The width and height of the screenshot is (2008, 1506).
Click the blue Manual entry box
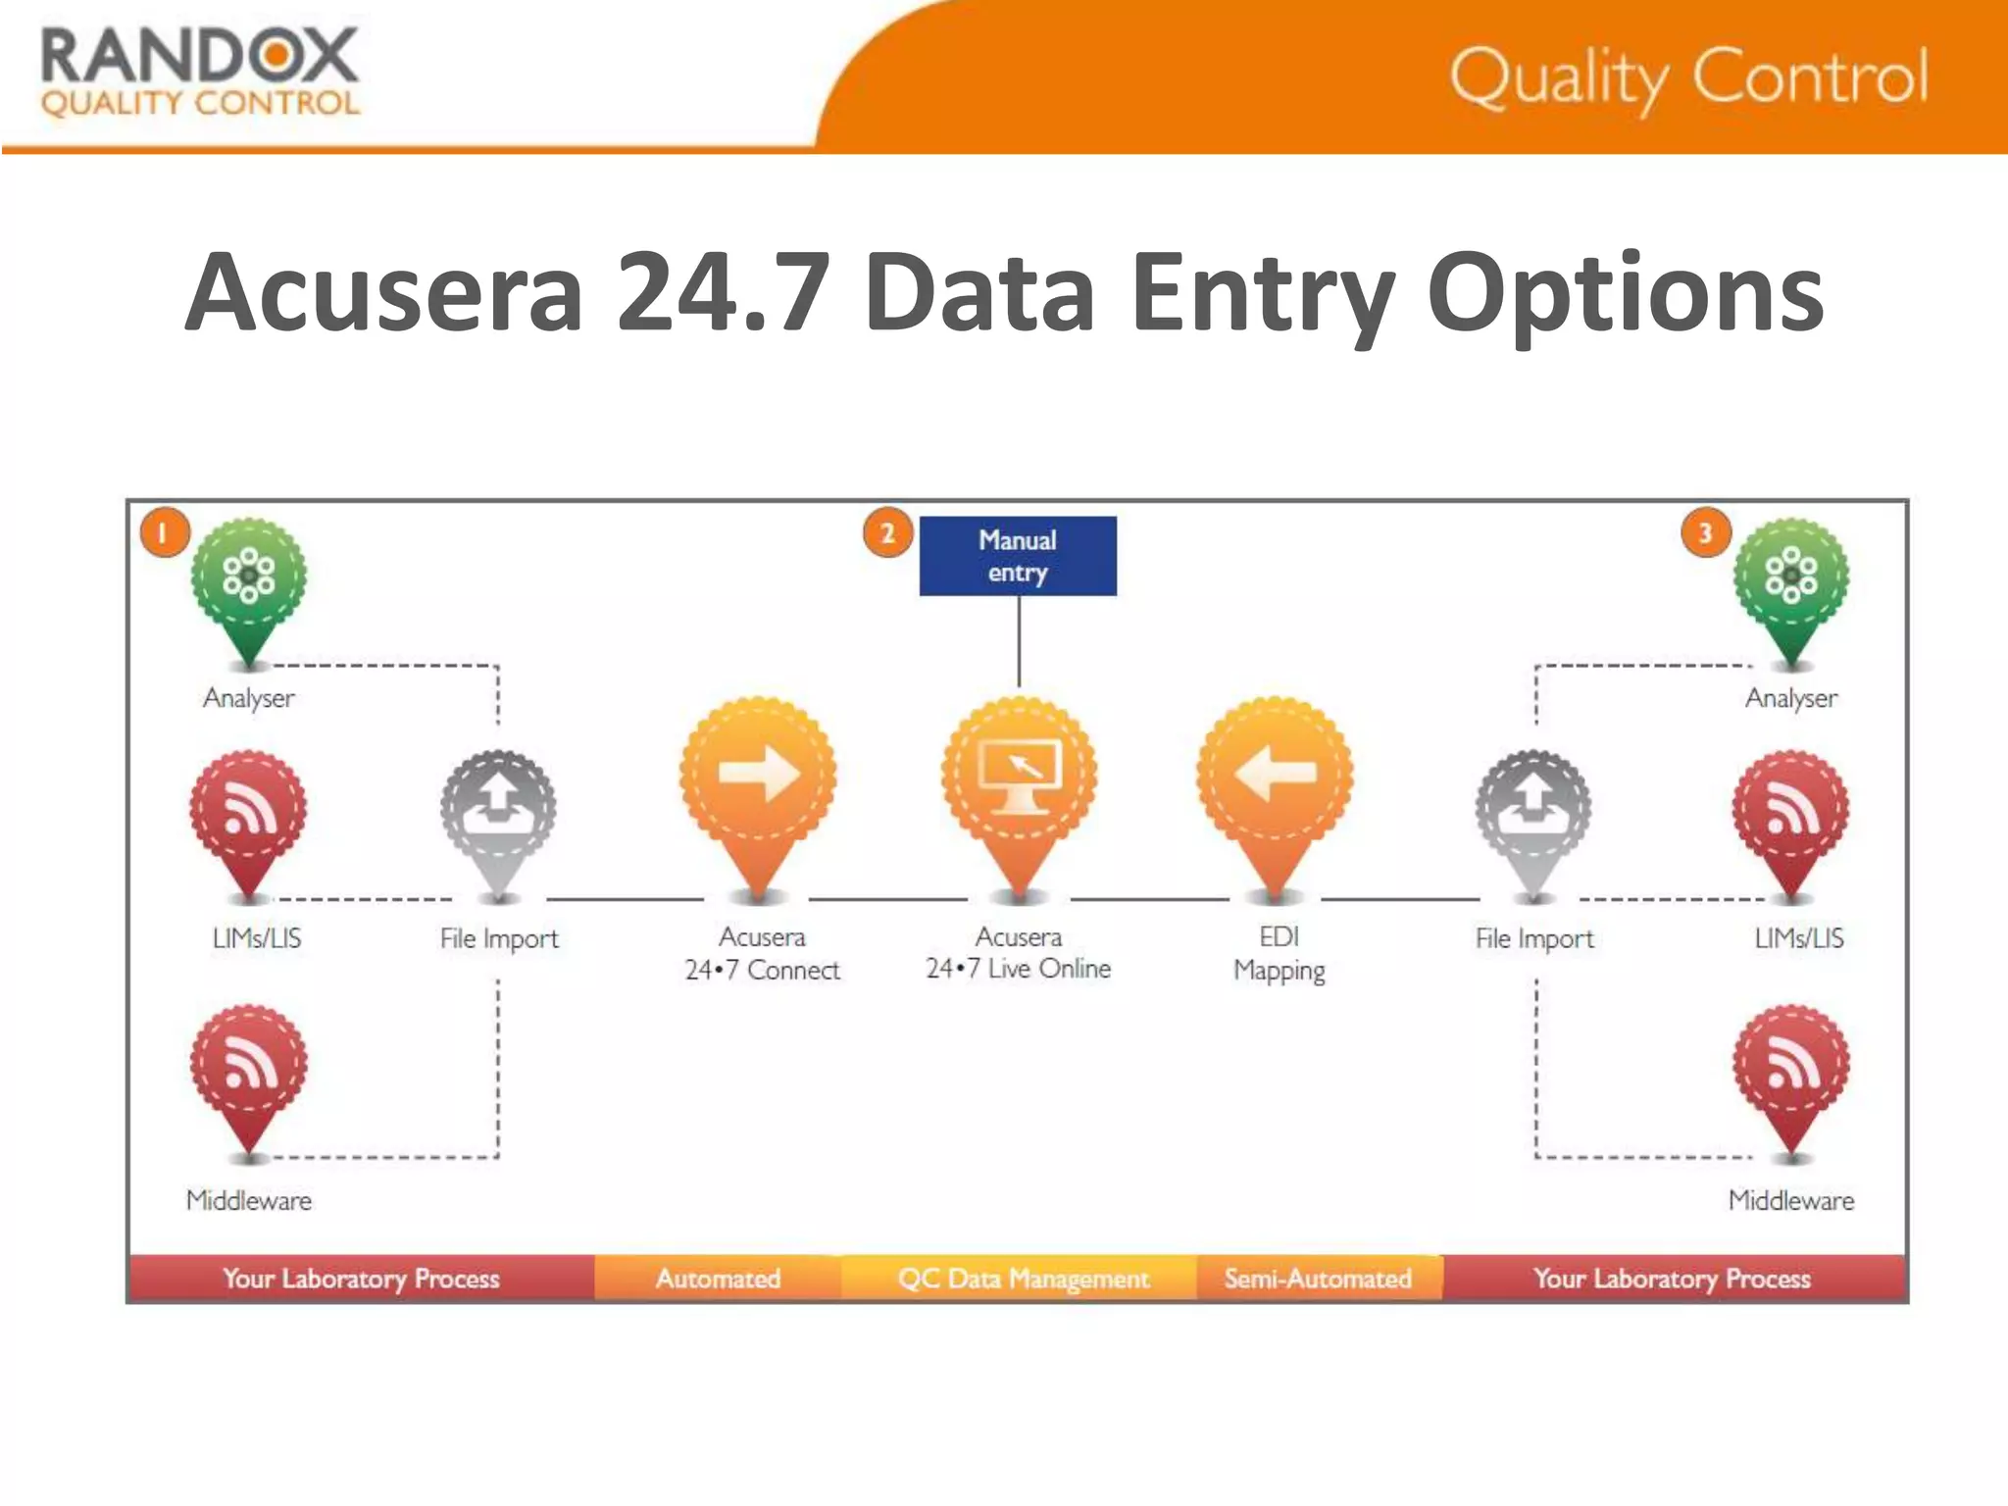(1018, 556)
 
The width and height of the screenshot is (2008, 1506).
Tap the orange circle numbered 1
(164, 532)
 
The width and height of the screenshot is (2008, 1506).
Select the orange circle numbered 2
(887, 533)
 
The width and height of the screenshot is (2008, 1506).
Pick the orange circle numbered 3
(1705, 532)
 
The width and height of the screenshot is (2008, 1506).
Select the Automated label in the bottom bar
(718, 1279)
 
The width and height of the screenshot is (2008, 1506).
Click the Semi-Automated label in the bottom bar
(1318, 1279)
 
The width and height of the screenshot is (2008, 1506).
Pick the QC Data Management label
(1023, 1279)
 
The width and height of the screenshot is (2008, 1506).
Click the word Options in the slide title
(1625, 293)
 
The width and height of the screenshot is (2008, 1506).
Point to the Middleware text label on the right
(1790, 1200)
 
